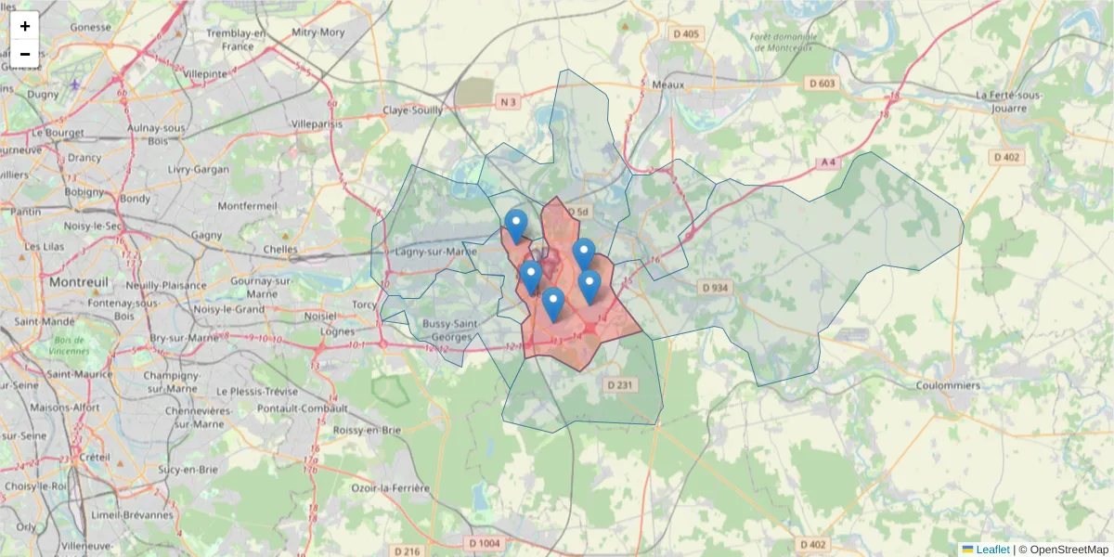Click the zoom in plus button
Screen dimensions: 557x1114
click(25, 26)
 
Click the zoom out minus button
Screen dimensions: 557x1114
click(25, 54)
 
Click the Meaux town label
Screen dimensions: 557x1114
click(667, 84)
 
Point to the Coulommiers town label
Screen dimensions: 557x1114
click(948, 385)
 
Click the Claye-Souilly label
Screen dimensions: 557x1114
click(412, 110)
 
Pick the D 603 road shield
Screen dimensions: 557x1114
click(822, 84)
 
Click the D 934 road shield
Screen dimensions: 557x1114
click(715, 288)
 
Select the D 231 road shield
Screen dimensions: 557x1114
click(619, 384)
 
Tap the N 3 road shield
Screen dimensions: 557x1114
click(506, 101)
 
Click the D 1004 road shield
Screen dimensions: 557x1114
click(485, 543)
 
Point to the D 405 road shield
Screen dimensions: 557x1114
click(686, 34)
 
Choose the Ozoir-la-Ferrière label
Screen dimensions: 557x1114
click(390, 488)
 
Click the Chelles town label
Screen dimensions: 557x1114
click(280, 249)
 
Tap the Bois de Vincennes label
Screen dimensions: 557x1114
click(71, 345)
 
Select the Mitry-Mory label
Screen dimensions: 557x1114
click(318, 32)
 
